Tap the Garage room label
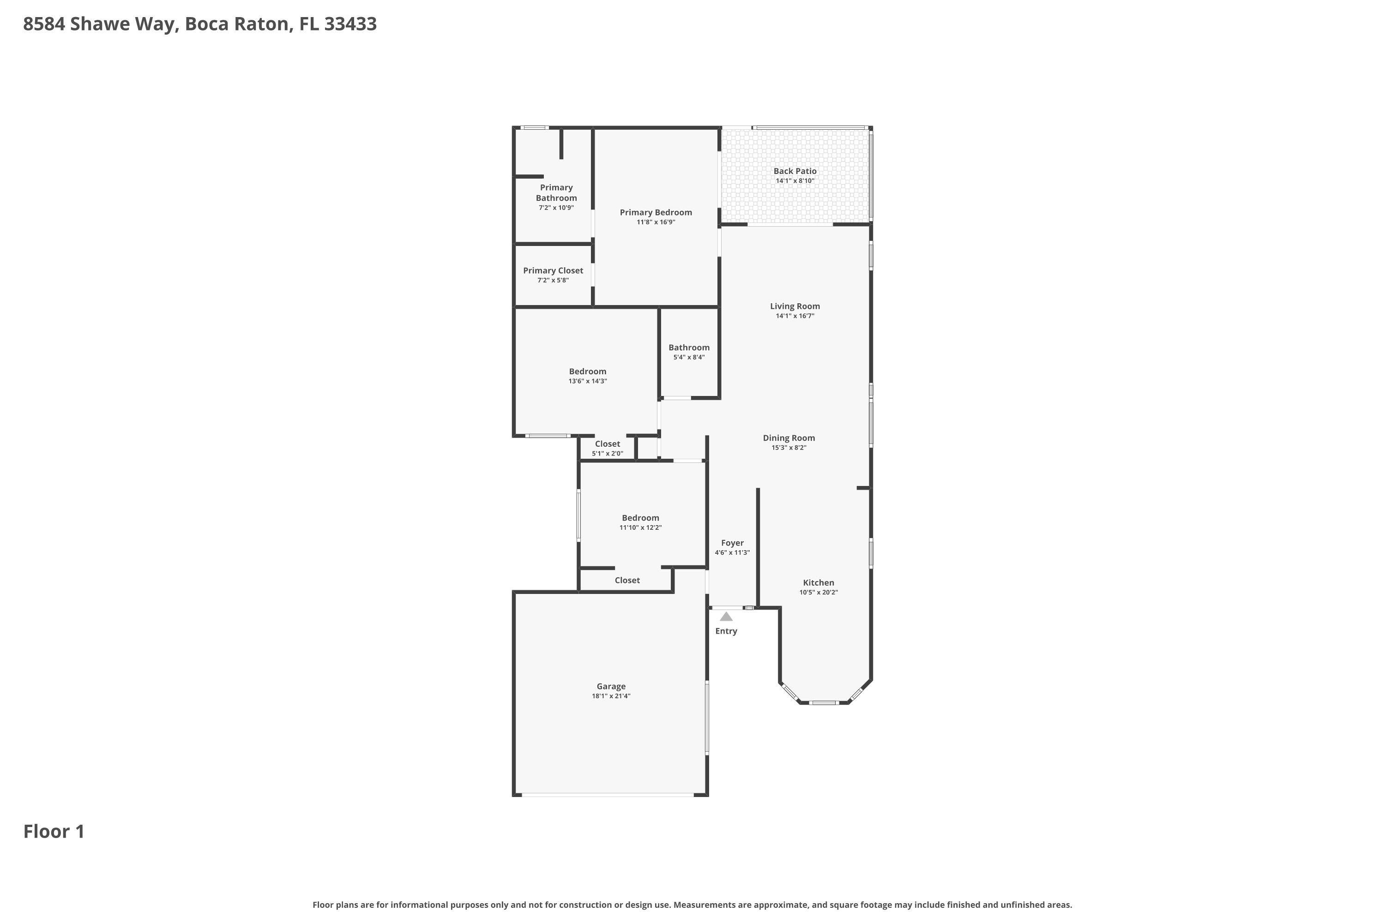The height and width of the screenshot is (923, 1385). (x=611, y=686)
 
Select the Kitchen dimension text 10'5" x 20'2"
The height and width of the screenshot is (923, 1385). (x=818, y=592)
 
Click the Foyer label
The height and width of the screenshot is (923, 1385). (x=732, y=543)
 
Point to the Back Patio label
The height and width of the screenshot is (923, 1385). (x=795, y=171)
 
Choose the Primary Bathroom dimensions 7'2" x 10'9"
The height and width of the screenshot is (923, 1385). (x=556, y=208)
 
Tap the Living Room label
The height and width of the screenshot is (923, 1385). (x=795, y=306)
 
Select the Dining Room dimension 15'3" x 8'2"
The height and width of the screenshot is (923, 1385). (x=789, y=447)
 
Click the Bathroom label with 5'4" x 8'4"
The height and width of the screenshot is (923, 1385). (x=688, y=348)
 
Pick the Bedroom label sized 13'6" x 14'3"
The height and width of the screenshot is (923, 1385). (x=587, y=372)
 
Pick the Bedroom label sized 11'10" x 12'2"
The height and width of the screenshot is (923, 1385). (x=640, y=518)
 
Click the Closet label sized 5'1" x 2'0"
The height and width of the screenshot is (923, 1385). (x=607, y=444)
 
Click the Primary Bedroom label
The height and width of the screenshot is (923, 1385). (x=656, y=212)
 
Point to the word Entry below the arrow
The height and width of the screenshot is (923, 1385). (x=726, y=631)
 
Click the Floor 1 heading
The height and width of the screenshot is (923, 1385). (x=54, y=832)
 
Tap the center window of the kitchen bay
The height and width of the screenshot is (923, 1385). (x=823, y=702)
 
